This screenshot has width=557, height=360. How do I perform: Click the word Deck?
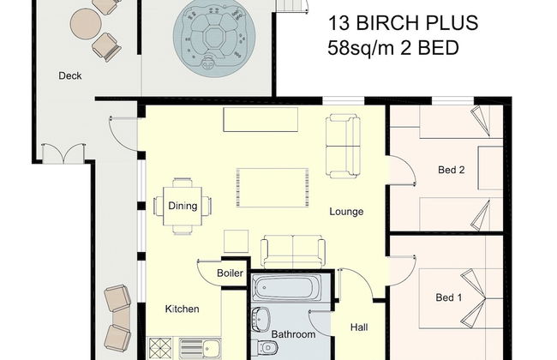pos(70,76)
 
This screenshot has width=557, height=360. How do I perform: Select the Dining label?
pos(183,206)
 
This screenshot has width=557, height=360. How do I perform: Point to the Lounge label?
pos(346,211)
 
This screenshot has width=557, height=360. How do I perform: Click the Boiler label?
pos(230,274)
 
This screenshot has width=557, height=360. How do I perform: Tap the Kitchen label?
pos(182,309)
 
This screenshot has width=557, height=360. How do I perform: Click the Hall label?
pos(360,327)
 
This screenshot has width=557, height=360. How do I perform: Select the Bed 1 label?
pos(449,297)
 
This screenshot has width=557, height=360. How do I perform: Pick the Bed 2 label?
pos(451,170)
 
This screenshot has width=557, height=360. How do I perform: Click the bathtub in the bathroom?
pos(287,289)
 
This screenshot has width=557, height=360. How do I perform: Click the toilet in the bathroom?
pos(268,347)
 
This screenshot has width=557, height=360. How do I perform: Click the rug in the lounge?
pos(273,187)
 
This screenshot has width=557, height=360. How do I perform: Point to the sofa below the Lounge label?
pos(293,251)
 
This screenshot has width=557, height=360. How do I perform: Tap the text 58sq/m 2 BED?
pos(393,47)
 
